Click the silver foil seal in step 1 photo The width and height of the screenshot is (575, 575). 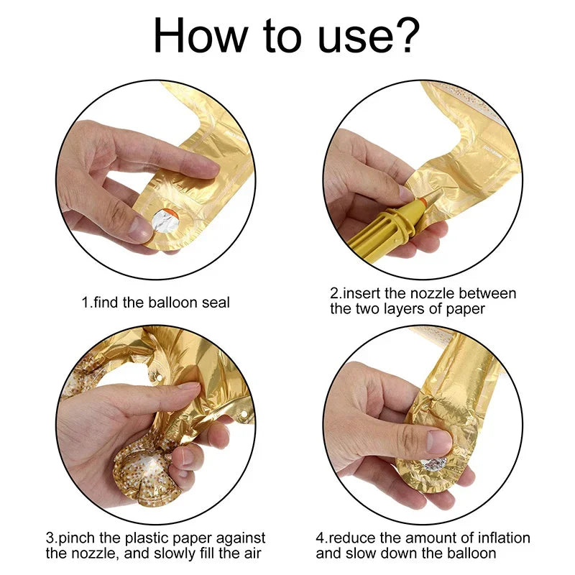click(165, 221)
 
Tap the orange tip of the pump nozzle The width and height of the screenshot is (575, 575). click(423, 201)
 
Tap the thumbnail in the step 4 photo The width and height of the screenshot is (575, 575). click(438, 441)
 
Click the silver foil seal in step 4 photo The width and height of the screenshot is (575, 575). click(434, 464)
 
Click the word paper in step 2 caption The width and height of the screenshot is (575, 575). click(466, 310)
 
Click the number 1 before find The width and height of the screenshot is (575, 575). click(85, 303)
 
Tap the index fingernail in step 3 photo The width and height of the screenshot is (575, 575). click(189, 386)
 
